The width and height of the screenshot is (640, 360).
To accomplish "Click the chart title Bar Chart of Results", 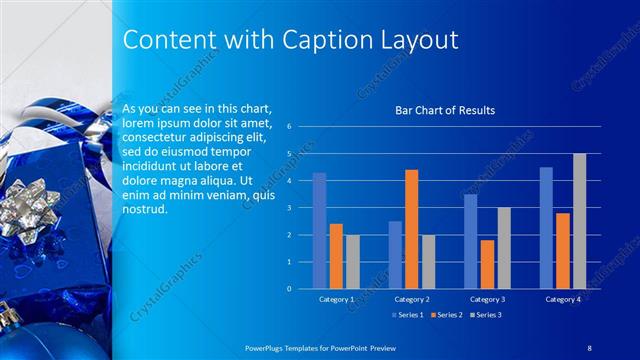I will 444,110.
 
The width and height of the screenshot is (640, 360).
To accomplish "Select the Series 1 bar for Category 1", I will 319,231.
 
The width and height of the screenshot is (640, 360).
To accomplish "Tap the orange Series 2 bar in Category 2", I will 411,229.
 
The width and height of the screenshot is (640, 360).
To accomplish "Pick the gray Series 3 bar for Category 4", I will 579,221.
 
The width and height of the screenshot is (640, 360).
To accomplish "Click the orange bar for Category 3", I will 487,264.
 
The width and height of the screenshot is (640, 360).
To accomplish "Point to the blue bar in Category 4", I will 546,228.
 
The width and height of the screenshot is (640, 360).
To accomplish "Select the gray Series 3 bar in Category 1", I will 352,262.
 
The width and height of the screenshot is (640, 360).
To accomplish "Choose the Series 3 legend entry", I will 484,315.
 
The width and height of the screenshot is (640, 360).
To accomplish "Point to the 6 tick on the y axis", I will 288,127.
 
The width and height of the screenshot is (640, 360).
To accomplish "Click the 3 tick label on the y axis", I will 288,208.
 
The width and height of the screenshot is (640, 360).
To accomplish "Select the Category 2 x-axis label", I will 411,299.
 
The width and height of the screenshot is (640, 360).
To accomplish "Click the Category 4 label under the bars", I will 562,299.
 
